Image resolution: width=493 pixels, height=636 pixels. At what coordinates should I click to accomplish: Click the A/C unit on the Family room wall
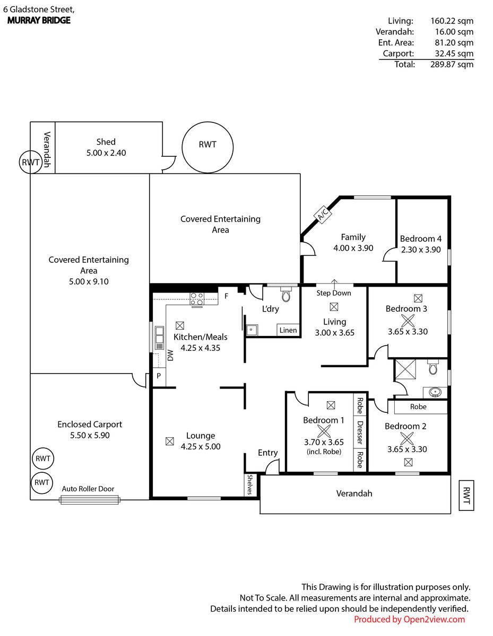pos(323,215)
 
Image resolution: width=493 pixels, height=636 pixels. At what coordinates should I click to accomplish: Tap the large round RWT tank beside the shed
pos(207,147)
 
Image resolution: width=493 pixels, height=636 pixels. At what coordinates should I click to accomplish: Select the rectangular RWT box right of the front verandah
pos(466,495)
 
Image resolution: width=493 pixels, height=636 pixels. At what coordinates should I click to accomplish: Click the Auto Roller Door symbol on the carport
pos(90,499)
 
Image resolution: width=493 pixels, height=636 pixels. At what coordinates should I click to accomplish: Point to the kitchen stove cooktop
pos(197,299)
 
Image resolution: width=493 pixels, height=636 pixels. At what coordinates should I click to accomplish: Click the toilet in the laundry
pos(286,294)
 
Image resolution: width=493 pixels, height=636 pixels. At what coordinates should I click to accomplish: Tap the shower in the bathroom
pos(405,369)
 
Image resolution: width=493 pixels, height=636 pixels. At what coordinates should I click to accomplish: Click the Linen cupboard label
pos(288,330)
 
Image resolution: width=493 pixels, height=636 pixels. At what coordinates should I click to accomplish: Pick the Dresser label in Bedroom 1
pos(360,432)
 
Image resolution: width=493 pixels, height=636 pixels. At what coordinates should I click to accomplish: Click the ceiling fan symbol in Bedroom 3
pos(408,321)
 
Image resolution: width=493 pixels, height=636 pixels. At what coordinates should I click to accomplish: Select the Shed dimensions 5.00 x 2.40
pos(106,153)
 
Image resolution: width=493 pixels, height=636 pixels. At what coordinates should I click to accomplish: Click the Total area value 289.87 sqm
pos(452,64)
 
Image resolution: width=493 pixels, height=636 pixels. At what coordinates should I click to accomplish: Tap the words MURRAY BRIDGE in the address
pos(39,20)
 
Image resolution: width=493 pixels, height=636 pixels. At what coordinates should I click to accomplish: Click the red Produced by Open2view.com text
pos(409,619)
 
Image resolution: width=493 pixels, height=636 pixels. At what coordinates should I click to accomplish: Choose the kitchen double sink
pos(159,334)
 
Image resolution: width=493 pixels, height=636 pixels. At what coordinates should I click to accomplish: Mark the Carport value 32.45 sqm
pos(454,54)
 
